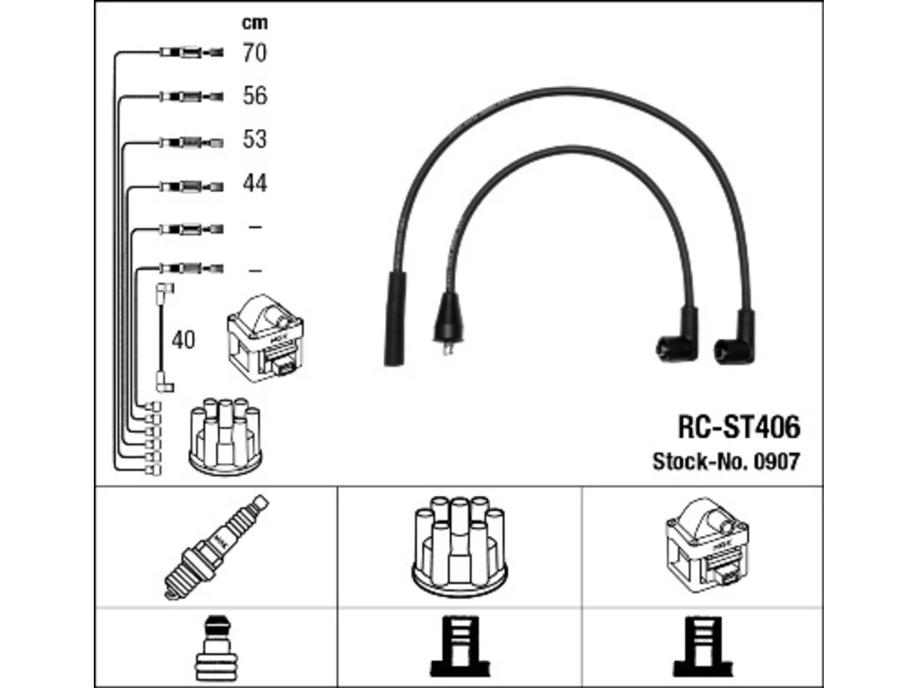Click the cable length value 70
pyautogui.click(x=254, y=53)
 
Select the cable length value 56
pyautogui.click(x=255, y=95)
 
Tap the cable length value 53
pyautogui.click(x=254, y=139)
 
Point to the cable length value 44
pyautogui.click(x=255, y=183)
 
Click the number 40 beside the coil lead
pyautogui.click(x=183, y=340)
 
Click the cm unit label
pyautogui.click(x=255, y=23)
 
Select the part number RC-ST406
pyautogui.click(x=739, y=427)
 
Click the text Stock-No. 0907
pyautogui.click(x=726, y=462)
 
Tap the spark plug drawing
pyautogui.click(x=216, y=547)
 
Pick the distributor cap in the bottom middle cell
pyautogui.click(x=459, y=546)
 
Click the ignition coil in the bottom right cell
pyautogui.click(x=707, y=545)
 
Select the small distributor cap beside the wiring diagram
pyautogui.click(x=225, y=436)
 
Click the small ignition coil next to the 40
pyautogui.click(x=265, y=338)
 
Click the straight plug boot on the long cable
pyautogui.click(x=395, y=319)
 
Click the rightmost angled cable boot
pyautogui.click(x=736, y=339)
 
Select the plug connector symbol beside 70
pyautogui.click(x=192, y=52)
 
